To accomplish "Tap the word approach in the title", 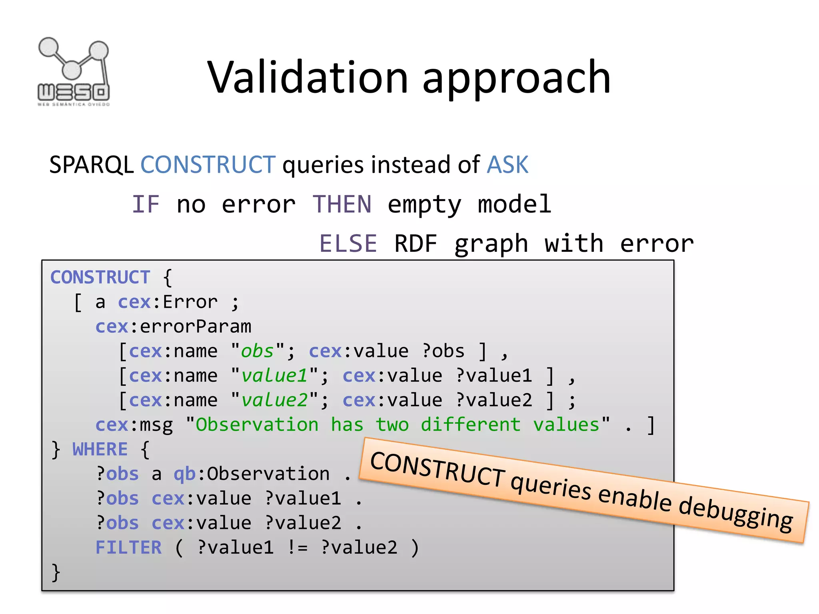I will click(516, 78).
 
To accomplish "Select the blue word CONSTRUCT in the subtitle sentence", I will click(208, 164).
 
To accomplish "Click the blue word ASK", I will click(507, 164).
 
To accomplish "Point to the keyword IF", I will click(146, 204).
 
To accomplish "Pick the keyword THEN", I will click(342, 204).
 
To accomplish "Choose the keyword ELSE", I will click(348, 243).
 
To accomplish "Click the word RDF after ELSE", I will click(416, 243).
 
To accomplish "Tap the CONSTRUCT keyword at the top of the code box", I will click(100, 277).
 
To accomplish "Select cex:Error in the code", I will click(168, 302).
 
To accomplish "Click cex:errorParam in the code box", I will click(174, 327).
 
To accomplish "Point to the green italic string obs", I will click(257, 351).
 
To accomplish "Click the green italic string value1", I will click(274, 376).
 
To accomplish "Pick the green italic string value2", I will click(274, 400).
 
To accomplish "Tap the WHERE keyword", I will click(100, 449).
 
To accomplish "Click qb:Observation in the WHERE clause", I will click(252, 474).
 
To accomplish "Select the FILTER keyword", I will click(128, 548).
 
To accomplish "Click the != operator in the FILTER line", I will click(298, 548).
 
